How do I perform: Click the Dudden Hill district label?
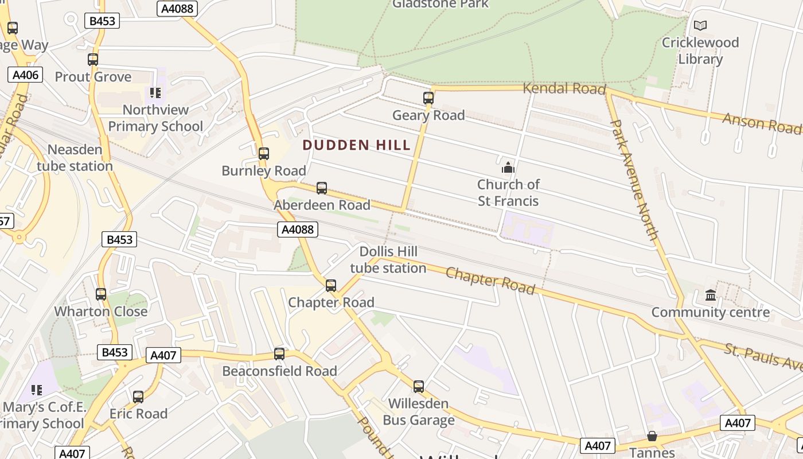356,145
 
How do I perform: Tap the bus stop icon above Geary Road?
428,98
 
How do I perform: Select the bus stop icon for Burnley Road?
264,154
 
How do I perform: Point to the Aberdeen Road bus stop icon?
322,188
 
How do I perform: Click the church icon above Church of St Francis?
508,168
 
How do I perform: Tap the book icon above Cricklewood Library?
700,26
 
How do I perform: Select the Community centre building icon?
711,295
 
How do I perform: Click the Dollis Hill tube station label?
388,260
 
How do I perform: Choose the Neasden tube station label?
75,158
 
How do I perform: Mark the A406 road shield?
25,75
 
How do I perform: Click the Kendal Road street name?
564,88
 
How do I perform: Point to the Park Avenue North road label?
634,179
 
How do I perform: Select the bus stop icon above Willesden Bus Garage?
419,387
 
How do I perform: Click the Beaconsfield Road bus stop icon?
279,354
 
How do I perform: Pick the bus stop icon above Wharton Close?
101,294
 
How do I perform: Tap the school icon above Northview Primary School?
155,92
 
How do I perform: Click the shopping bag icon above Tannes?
652,436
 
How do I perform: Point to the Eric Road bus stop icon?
138,397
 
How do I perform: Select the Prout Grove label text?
93,77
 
